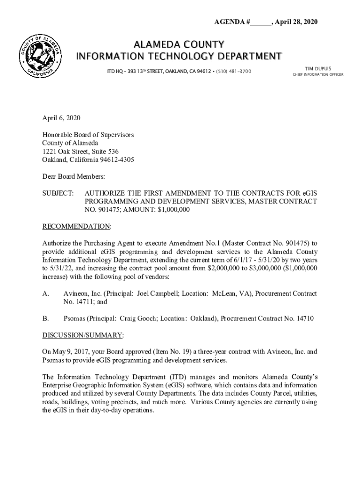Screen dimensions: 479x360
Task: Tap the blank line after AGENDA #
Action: click(260, 22)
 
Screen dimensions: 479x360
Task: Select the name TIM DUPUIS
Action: click(318, 68)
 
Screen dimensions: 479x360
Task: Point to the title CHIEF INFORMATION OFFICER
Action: click(318, 75)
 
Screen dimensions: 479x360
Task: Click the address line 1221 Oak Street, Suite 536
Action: click(80, 152)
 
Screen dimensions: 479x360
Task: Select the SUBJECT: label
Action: click(58, 193)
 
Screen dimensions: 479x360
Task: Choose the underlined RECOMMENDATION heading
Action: click(77, 226)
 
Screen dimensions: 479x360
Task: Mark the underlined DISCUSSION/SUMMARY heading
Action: click(83, 335)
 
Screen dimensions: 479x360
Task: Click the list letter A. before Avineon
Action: click(46, 294)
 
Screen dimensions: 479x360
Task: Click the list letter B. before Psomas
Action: click(46, 319)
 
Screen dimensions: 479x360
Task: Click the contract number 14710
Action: click(304, 319)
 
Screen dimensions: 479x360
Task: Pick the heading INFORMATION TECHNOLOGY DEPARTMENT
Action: click(179, 57)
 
